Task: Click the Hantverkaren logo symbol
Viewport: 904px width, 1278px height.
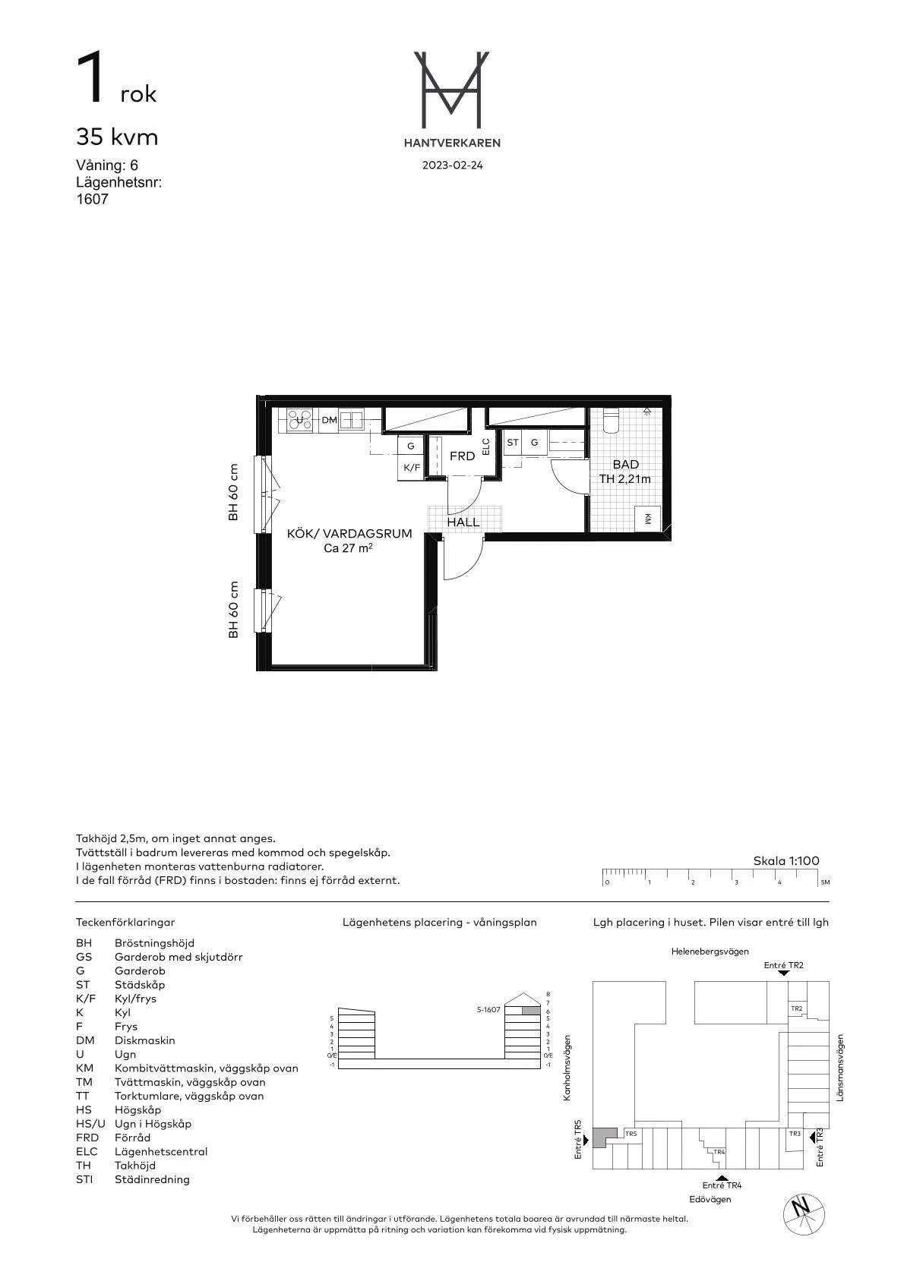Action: pos(451,89)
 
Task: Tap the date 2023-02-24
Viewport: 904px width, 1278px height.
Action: pos(452,166)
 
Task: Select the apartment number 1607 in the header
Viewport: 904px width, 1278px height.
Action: pos(92,200)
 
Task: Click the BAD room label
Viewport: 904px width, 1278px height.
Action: pos(625,464)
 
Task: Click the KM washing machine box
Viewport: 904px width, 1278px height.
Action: pos(647,519)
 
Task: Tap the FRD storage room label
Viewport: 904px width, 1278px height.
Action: pos(462,456)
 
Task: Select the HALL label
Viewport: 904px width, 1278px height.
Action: pos(463,522)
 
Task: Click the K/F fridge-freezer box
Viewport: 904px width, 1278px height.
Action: pos(411,468)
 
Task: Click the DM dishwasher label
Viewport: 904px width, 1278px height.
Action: pos(329,420)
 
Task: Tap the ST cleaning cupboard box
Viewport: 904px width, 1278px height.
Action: pos(513,442)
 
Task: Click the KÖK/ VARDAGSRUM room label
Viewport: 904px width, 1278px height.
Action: pos(349,534)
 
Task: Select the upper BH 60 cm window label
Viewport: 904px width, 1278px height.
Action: pos(233,492)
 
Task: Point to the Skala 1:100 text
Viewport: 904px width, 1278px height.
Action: pos(785,861)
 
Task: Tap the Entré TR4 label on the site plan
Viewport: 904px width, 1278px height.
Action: pos(721,1185)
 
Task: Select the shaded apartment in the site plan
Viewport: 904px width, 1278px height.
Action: pos(604,1136)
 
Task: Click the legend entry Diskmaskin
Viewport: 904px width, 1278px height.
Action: pos(144,1040)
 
